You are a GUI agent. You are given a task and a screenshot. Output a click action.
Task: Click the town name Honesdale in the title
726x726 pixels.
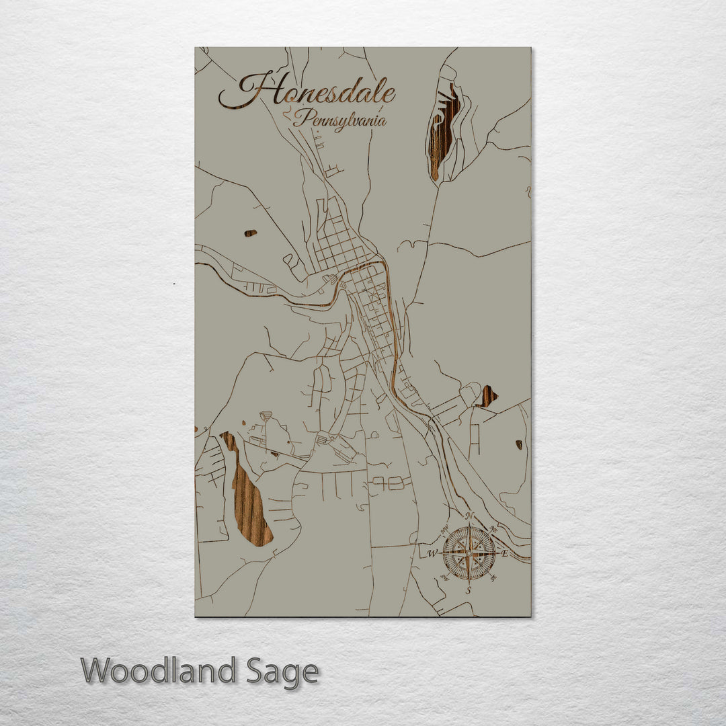pos(308,93)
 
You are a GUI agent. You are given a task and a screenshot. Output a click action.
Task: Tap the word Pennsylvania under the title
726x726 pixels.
pos(339,120)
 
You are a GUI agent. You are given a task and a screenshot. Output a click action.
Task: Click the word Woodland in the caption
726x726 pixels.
pos(159,670)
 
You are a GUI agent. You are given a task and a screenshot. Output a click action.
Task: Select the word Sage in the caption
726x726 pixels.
pos(282,672)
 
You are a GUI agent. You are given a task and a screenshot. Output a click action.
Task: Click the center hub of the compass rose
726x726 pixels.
pos(469,553)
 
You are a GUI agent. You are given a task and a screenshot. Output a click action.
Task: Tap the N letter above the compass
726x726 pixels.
pos(469,516)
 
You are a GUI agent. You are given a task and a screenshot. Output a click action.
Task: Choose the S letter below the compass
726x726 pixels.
pos(469,590)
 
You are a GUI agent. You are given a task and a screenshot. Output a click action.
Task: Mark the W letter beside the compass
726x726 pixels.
pos(432,554)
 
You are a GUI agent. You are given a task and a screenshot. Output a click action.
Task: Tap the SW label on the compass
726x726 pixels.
pos(444,579)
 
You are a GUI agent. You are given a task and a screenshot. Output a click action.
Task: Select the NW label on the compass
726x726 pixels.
pos(444,528)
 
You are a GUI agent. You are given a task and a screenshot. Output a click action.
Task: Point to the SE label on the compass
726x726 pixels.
pos(494,579)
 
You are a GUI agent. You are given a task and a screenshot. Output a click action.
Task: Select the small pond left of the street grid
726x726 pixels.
pos(250,233)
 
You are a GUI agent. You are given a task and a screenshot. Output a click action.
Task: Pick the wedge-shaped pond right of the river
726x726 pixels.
pos(487,397)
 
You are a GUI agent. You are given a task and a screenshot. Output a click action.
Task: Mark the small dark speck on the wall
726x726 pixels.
pos(174,284)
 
